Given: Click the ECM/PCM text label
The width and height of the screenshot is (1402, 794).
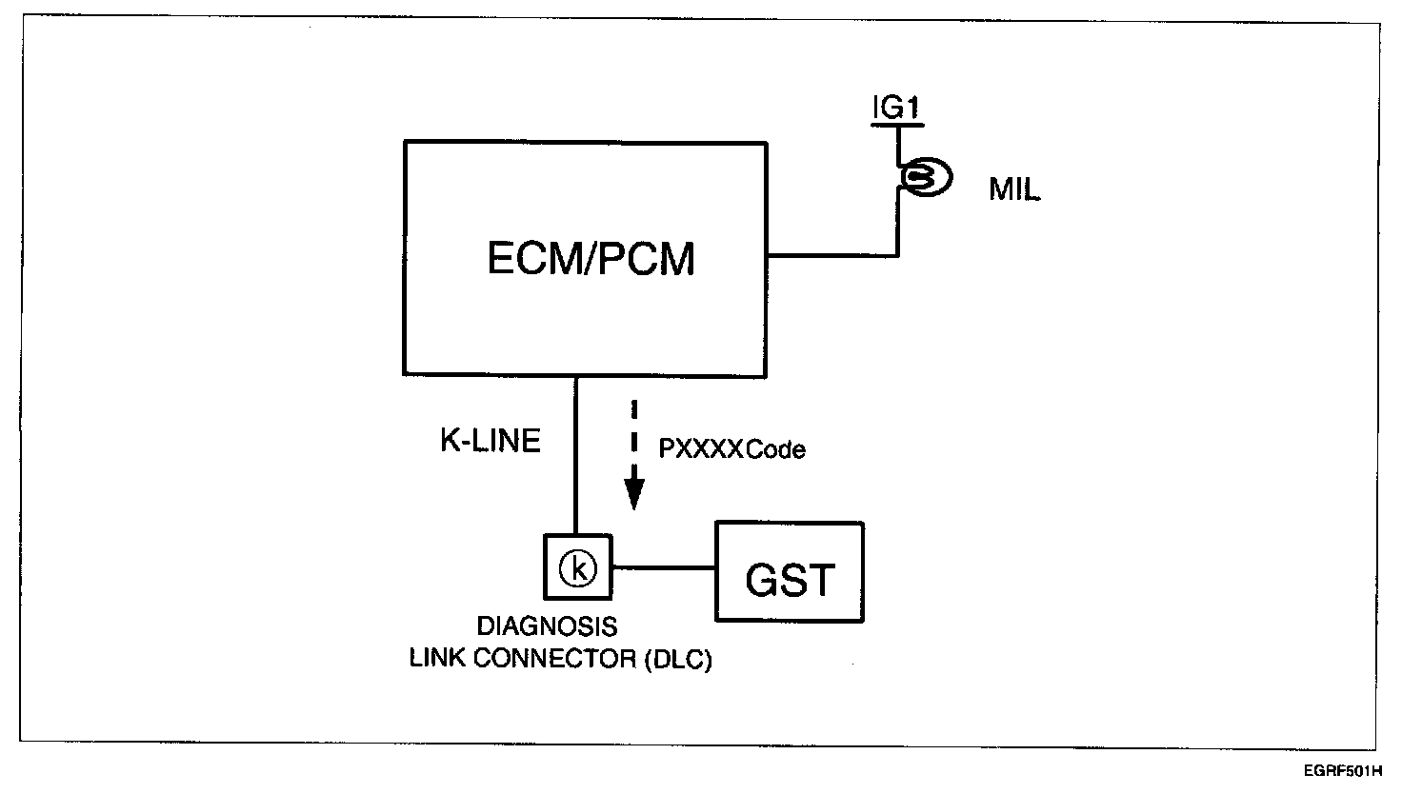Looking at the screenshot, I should click(x=591, y=258).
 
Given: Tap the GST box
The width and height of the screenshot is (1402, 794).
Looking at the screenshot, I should click(x=790, y=573).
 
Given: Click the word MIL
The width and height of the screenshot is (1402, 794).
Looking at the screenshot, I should click(x=1014, y=189).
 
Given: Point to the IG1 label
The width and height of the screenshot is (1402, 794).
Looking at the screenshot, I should click(x=896, y=109).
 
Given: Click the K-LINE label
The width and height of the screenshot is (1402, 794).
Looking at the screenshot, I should click(x=490, y=441).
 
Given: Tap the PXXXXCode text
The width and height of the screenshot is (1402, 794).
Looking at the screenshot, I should click(x=731, y=449).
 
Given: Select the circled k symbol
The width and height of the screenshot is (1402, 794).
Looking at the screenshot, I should click(x=576, y=568).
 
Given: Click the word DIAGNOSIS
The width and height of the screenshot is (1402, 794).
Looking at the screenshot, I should click(x=547, y=627).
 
